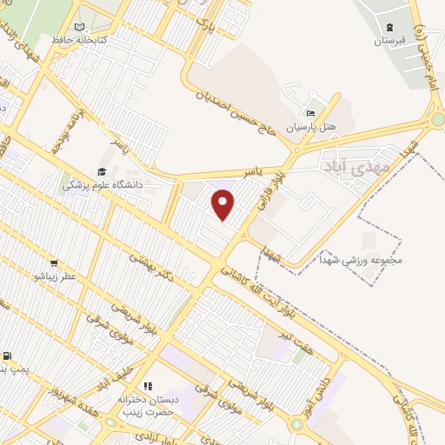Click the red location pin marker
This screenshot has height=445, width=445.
tap(223, 204)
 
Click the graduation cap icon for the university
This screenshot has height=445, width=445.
tap(102, 171)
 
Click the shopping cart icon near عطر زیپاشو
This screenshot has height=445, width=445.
tap(54, 263)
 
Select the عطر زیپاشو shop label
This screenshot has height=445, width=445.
tap(56, 276)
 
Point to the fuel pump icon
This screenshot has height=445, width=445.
tap(7, 356)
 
